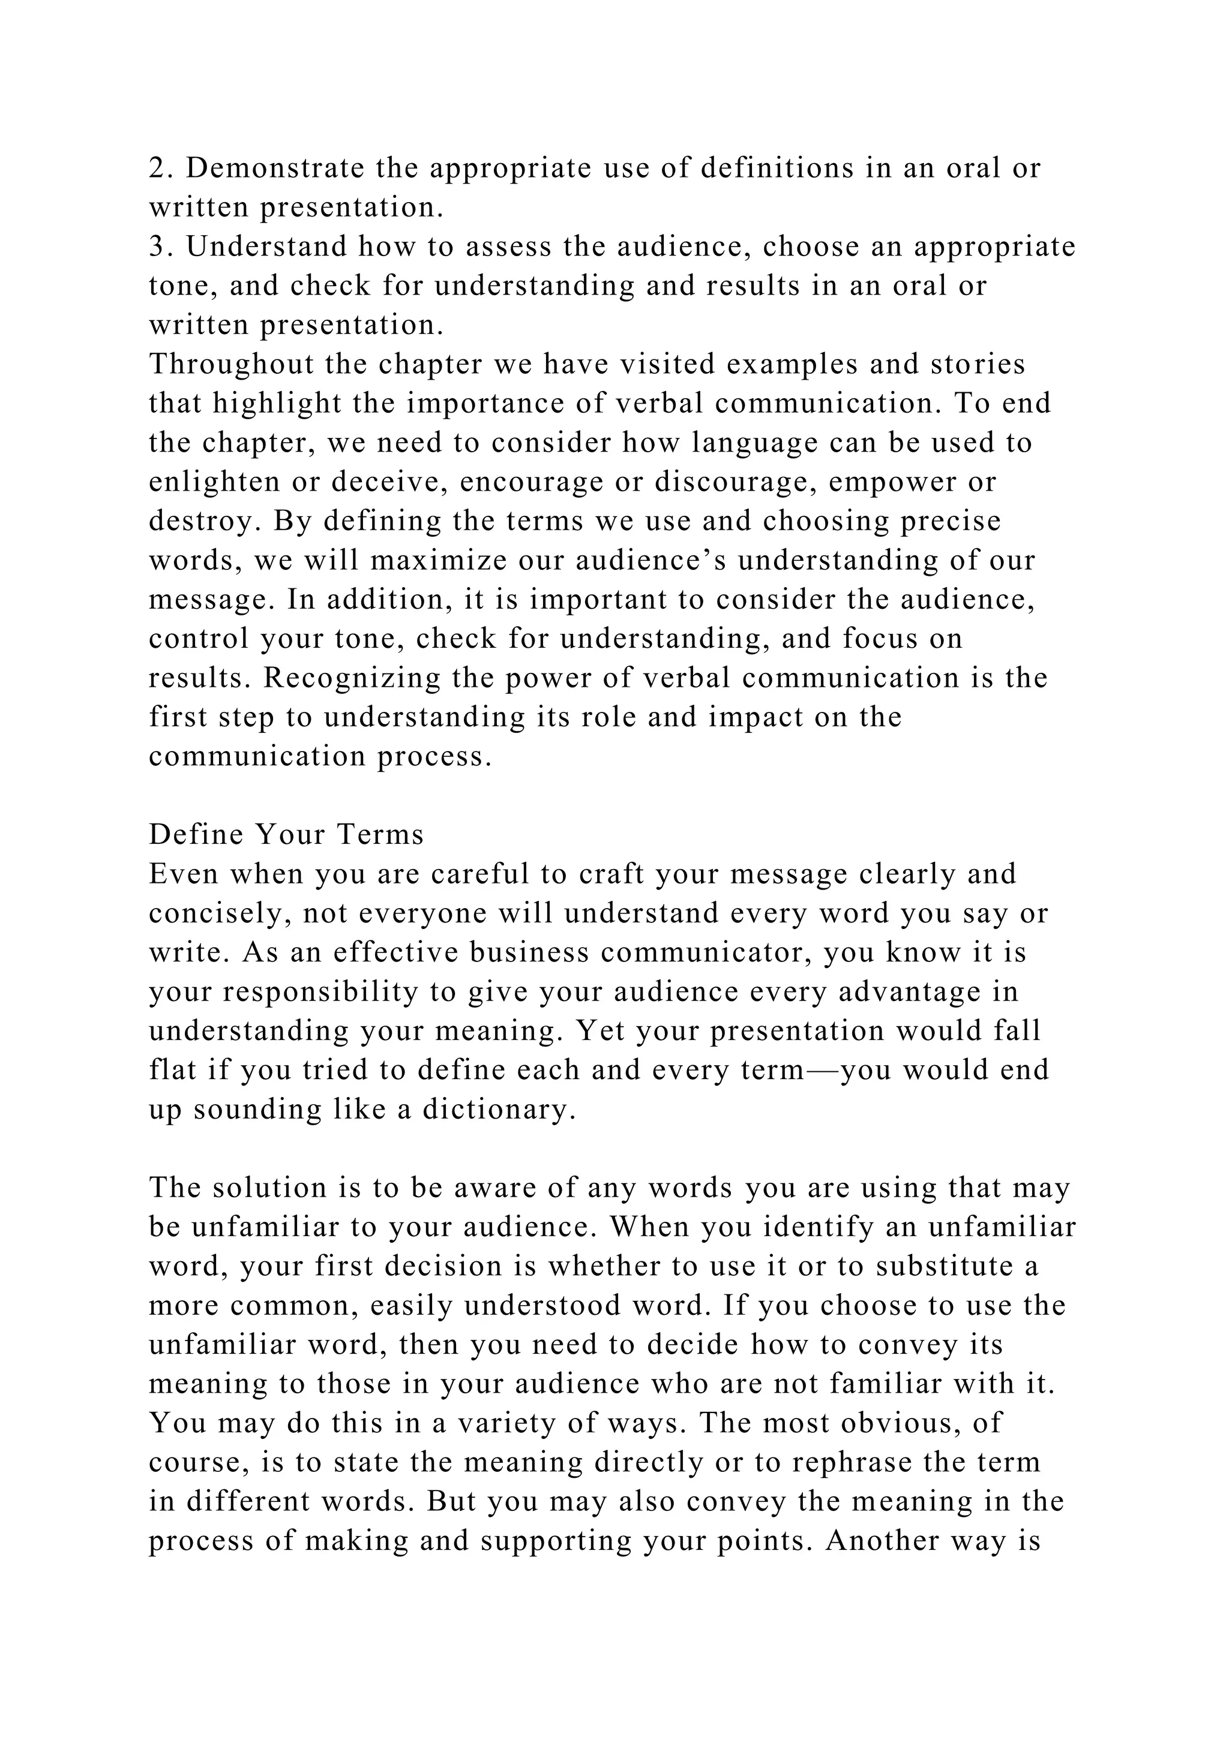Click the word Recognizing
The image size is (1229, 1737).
click(x=352, y=678)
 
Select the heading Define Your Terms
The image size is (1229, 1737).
click(x=286, y=834)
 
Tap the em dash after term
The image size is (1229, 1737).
click(x=822, y=1071)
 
